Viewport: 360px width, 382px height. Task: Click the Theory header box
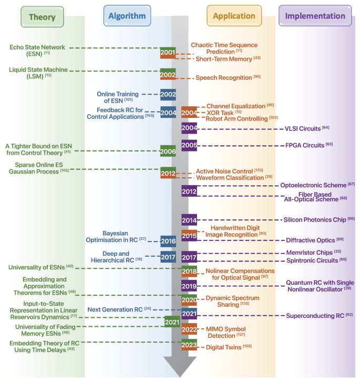click(x=42, y=16)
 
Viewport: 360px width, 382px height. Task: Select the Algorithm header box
click(x=127, y=16)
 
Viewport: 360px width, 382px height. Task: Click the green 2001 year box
click(x=168, y=53)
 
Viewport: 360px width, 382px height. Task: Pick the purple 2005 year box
click(x=189, y=145)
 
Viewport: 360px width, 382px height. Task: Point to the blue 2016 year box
click(x=168, y=242)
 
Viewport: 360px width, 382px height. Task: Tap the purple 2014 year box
click(x=189, y=220)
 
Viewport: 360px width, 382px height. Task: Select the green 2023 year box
click(x=189, y=346)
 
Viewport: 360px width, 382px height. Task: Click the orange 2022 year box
click(x=189, y=330)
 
